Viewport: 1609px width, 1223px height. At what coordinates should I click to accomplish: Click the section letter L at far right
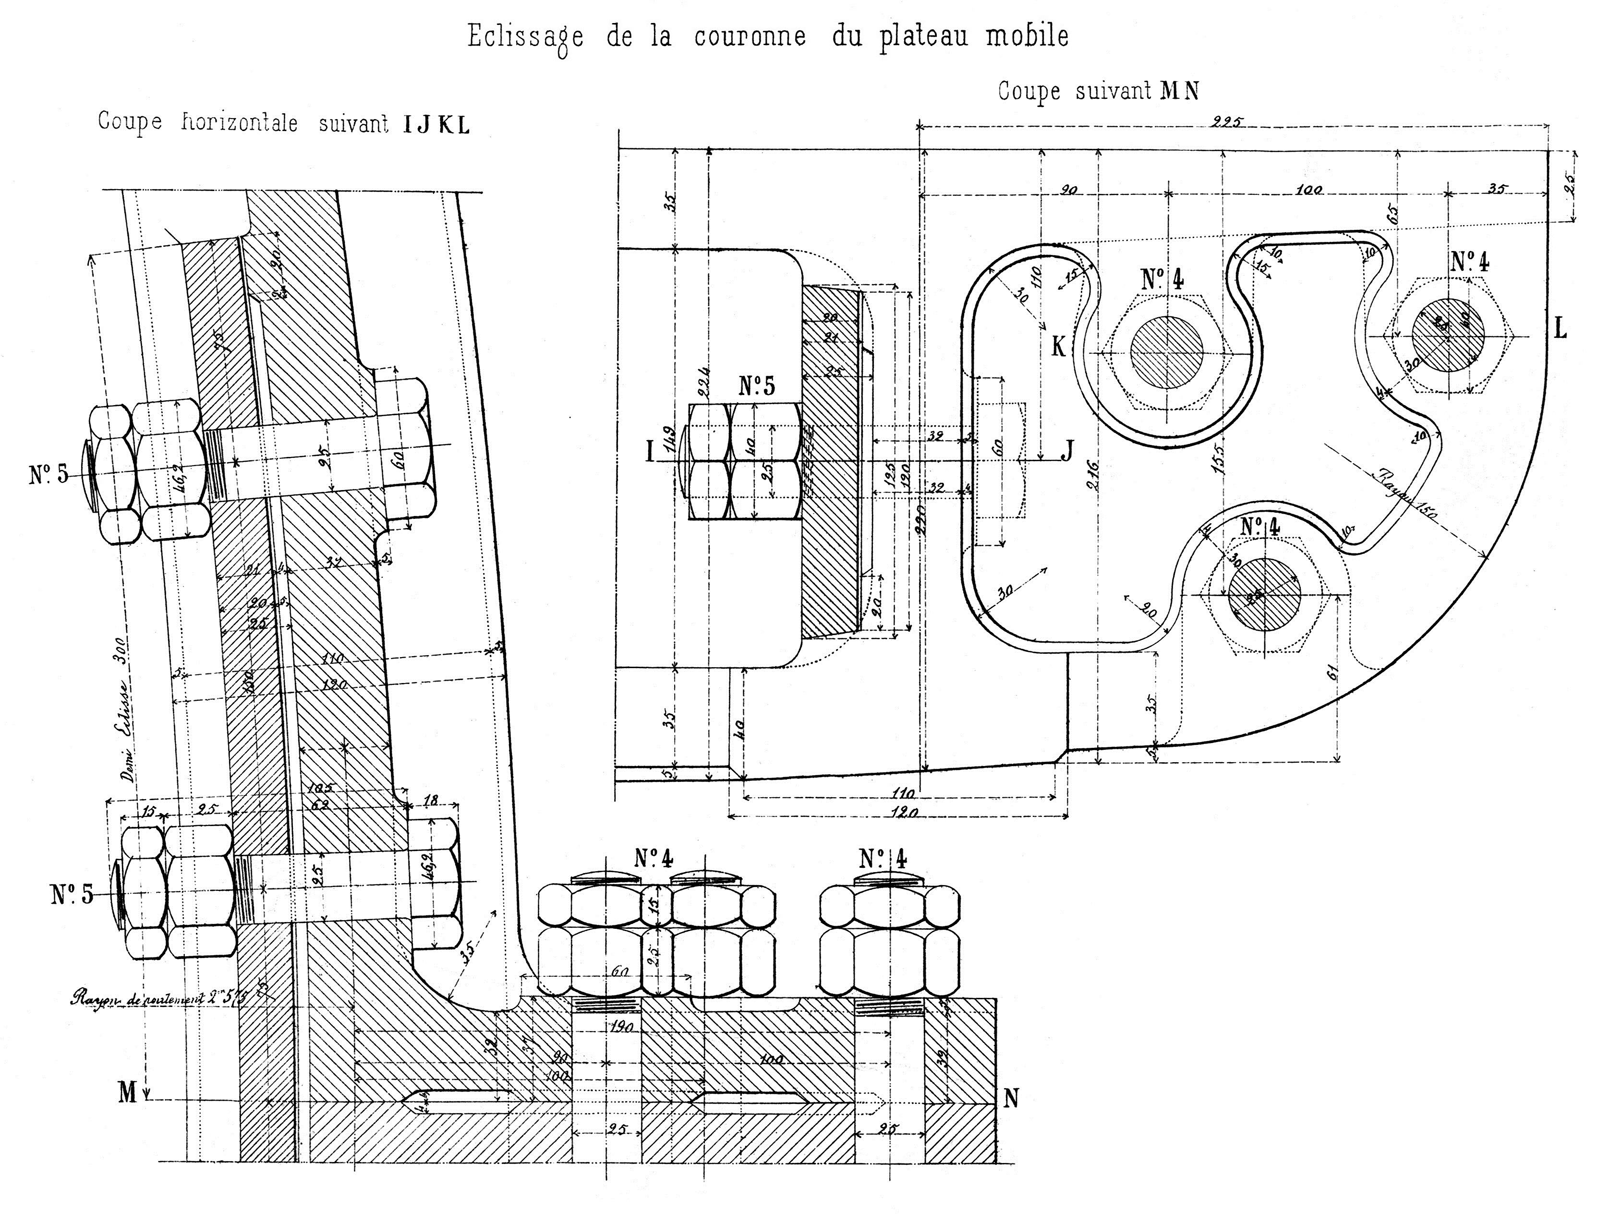click(x=1560, y=329)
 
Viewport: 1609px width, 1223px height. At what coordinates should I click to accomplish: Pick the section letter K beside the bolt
click(x=1058, y=347)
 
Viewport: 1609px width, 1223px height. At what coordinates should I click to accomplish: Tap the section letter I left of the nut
click(x=650, y=453)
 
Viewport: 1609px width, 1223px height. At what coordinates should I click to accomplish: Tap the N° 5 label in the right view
click(x=757, y=386)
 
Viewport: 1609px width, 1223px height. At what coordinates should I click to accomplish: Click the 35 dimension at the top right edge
click(x=1495, y=189)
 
